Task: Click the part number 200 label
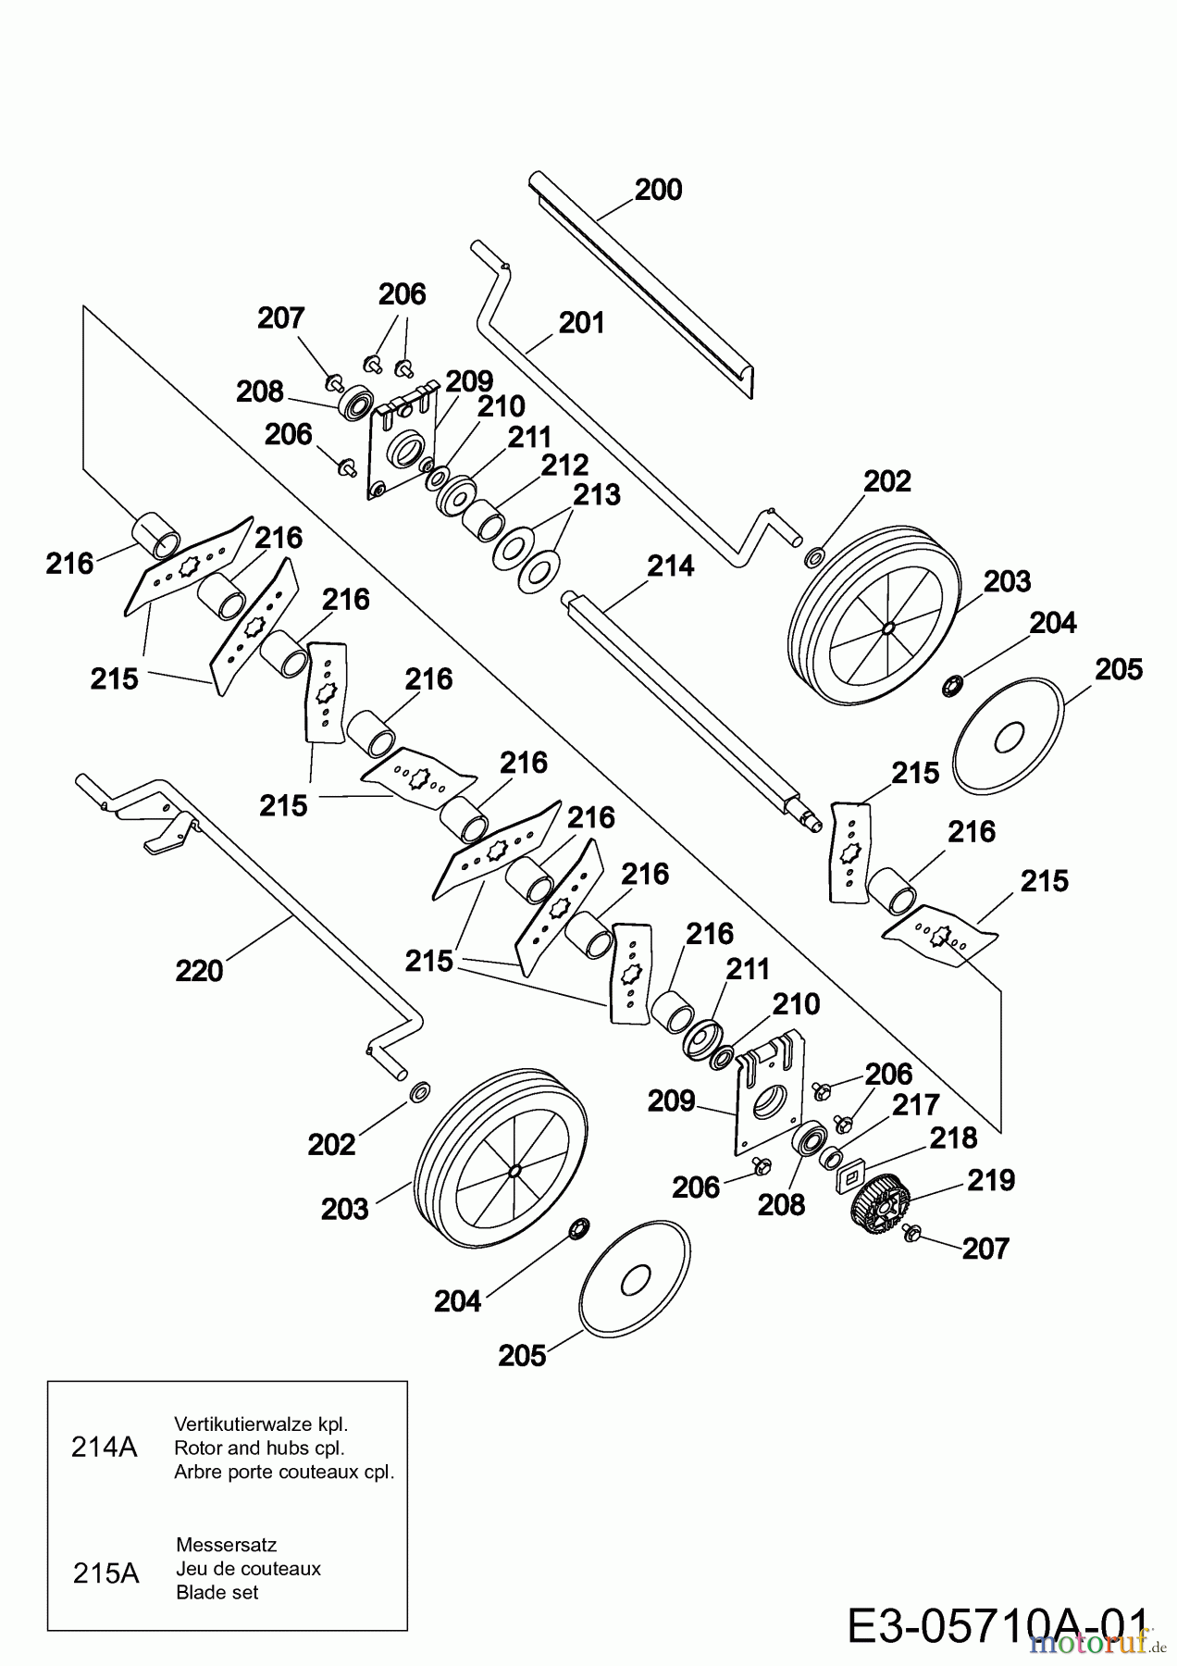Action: (x=658, y=190)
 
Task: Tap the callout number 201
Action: (x=582, y=323)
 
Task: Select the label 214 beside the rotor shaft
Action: (x=670, y=566)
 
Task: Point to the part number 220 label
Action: (x=199, y=971)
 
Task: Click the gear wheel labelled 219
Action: (x=872, y=1200)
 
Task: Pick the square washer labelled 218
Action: (x=849, y=1176)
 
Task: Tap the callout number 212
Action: (x=564, y=465)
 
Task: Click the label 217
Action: (x=916, y=1104)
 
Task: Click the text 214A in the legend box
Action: (x=104, y=1448)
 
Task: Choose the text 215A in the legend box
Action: (x=105, y=1573)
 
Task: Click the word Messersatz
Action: (x=226, y=1545)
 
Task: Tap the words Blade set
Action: (x=217, y=1593)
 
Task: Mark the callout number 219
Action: (x=990, y=1181)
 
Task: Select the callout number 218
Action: (x=953, y=1138)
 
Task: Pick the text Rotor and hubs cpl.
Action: (x=259, y=1448)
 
